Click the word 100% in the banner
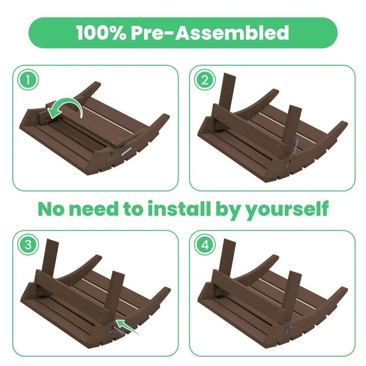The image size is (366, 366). (101, 32)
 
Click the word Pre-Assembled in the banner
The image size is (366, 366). (210, 32)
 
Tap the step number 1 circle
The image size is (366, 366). (28, 80)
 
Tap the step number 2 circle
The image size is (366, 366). (205, 80)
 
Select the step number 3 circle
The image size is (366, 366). (28, 245)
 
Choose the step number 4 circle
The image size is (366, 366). (205, 245)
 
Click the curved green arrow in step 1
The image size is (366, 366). (68, 103)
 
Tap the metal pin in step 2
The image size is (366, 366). (296, 146)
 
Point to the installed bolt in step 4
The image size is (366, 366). (290, 327)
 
